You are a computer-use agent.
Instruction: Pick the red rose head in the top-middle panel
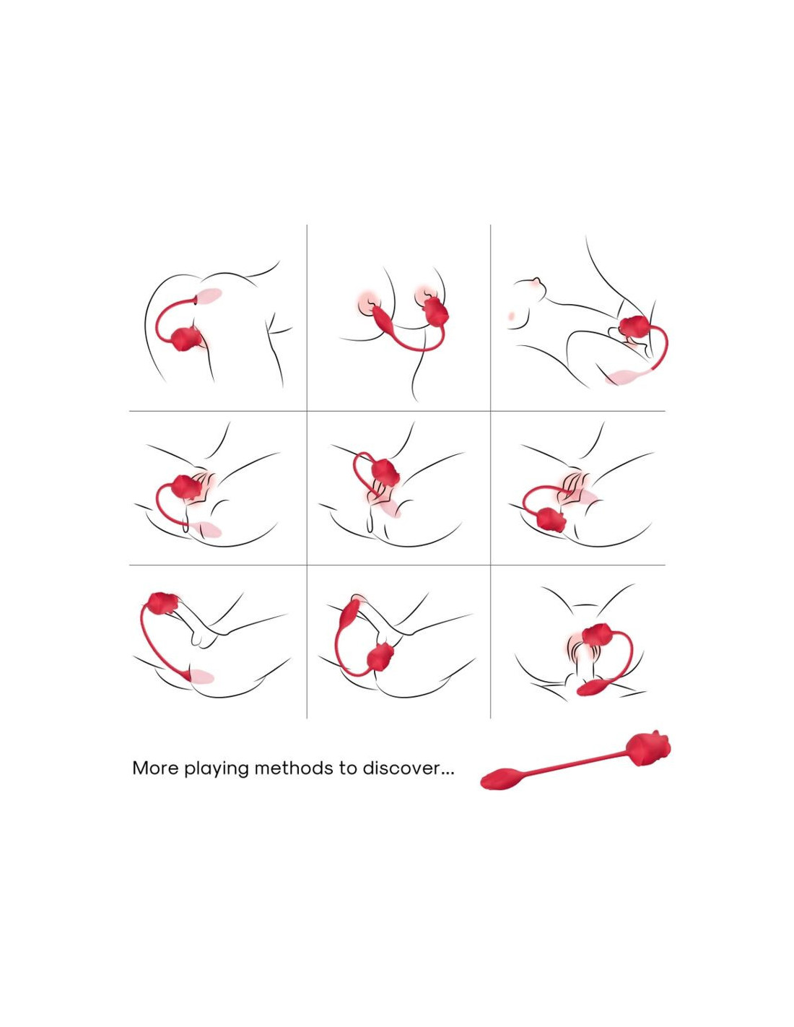point(435,311)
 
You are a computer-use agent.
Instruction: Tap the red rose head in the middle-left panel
point(187,486)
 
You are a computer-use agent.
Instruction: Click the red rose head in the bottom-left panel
point(162,603)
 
